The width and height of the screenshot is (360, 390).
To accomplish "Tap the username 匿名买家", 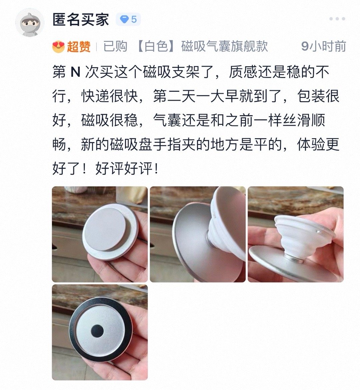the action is point(81,19).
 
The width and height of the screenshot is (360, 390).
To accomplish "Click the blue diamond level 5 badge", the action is point(128,19).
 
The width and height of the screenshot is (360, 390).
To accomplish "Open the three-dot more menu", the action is point(337,19).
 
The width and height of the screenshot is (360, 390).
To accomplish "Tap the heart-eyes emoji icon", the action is point(58,47).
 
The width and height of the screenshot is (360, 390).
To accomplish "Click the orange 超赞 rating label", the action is point(79,47).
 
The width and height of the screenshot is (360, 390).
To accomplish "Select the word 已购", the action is point(115,47).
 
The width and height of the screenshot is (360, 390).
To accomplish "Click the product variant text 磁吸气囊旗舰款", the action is point(224,47).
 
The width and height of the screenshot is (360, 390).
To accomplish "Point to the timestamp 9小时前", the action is point(323,47).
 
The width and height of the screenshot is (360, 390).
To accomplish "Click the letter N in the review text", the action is point(75,72).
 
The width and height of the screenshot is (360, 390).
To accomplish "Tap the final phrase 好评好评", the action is point(123,169).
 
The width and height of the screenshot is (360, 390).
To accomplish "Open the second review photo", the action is point(198,234).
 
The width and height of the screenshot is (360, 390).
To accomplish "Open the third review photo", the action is point(296,234).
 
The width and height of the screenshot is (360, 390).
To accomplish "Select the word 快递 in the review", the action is point(95,96).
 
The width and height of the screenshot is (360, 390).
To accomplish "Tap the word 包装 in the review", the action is point(311,96).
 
